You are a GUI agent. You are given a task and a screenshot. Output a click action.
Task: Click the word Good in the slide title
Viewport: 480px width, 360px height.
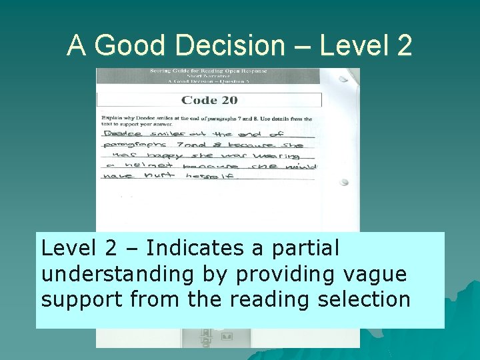click(x=129, y=45)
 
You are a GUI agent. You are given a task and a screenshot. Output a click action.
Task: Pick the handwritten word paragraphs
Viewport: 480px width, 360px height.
click(x=128, y=145)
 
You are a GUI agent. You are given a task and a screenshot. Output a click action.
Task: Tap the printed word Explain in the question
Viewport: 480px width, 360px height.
click(x=113, y=119)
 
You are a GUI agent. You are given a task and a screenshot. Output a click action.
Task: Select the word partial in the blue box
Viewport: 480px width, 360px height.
click(x=305, y=248)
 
